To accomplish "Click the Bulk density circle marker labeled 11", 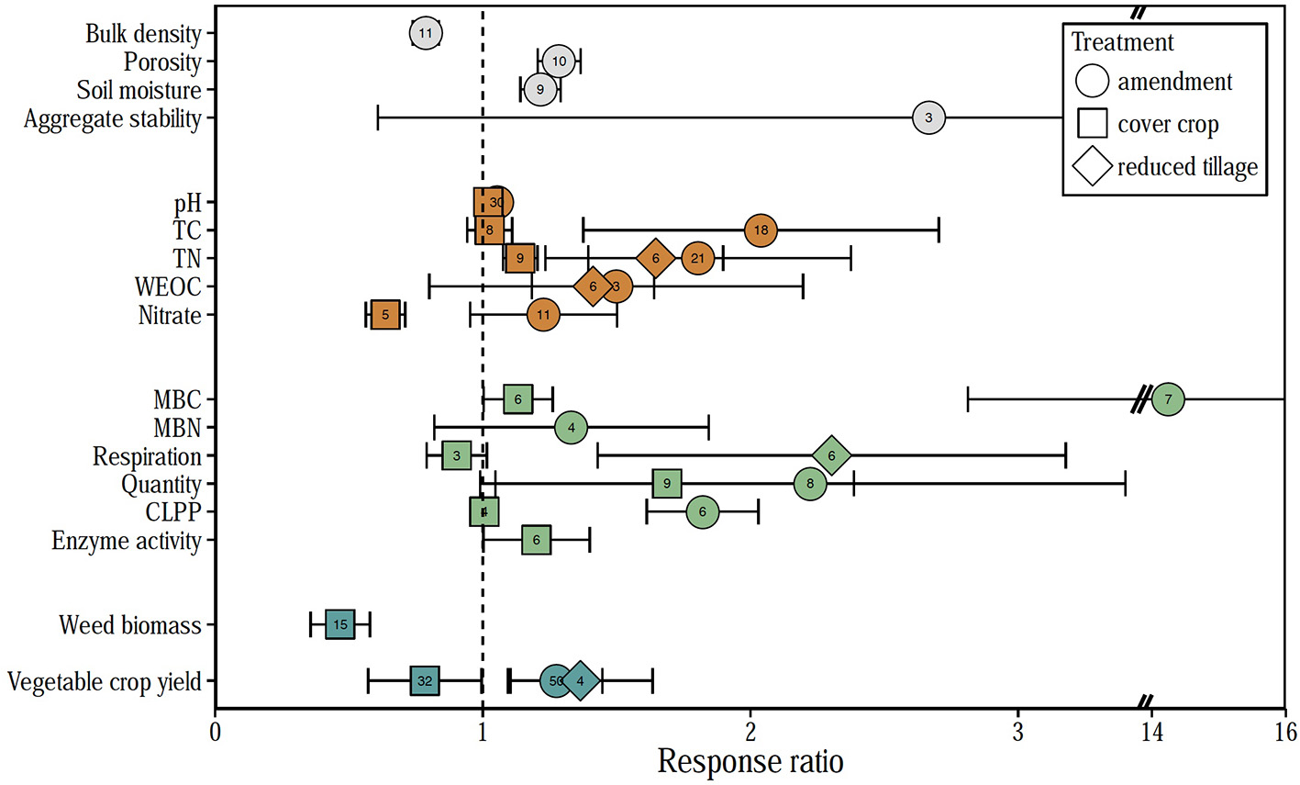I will tap(425, 33).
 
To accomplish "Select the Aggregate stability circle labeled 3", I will tap(928, 118).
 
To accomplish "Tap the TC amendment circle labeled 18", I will tap(761, 230).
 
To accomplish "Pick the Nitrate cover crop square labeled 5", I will tap(385, 315).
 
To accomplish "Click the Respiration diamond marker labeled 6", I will tap(831, 455).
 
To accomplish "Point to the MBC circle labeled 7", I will tap(1168, 399).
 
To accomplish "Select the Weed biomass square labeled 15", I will tap(340, 624).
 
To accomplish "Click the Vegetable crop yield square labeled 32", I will tap(425, 681).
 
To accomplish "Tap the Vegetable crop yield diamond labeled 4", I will tap(580, 681).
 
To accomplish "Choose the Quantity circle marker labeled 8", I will tap(810, 484).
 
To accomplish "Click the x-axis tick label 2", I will tap(750, 732).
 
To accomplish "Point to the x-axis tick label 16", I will tap(1285, 732).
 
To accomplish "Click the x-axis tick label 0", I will tap(215, 732).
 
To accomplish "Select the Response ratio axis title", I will tap(750, 762).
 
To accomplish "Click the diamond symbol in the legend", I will tap(1093, 167).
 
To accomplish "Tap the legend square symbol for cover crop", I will tap(1093, 124).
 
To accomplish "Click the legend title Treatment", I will tap(1122, 42).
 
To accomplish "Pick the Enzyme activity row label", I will tap(127, 541).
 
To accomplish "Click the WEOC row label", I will tap(168, 286).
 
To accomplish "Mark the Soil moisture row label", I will tap(139, 90).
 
